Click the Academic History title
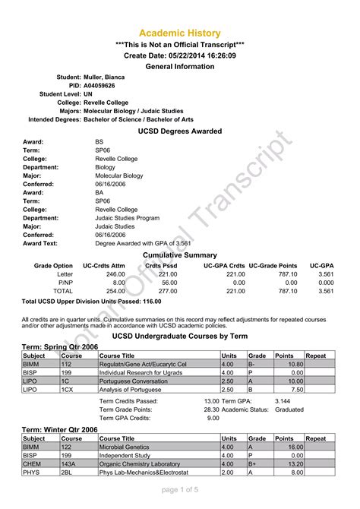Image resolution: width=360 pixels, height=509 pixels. (x=179, y=33)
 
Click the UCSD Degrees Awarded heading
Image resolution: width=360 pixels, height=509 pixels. (x=179, y=131)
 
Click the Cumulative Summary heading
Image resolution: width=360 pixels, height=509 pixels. (x=180, y=255)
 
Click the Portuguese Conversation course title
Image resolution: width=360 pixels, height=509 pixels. (x=137, y=381)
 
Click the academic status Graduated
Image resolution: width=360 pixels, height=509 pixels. (x=289, y=409)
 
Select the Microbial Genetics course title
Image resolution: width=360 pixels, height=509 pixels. (x=125, y=447)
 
